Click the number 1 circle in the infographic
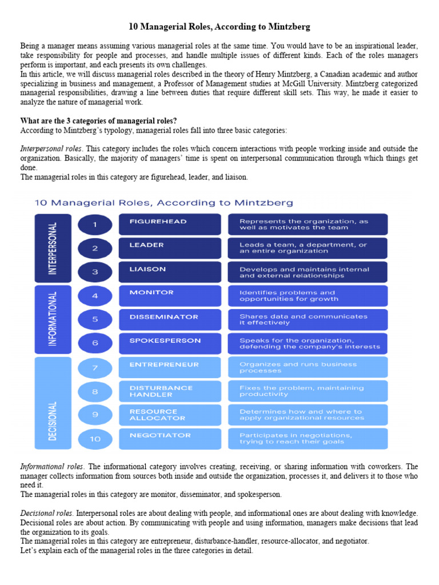[95, 225]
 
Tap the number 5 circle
[95, 319]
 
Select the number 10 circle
[95, 439]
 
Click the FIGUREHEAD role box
[169, 225]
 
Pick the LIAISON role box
[169, 272]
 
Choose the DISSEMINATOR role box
[169, 319]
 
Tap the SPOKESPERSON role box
[169, 343]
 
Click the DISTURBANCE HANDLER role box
[169, 391]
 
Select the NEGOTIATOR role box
[169, 439]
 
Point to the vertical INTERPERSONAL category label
[53, 249]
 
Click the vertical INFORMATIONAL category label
[53, 319]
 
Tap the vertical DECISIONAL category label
[53, 403]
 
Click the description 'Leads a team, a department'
[308, 248]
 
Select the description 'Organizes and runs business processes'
[308, 367]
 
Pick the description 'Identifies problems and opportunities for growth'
[308, 296]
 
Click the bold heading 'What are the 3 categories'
[98, 121]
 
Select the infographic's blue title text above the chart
[164, 202]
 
